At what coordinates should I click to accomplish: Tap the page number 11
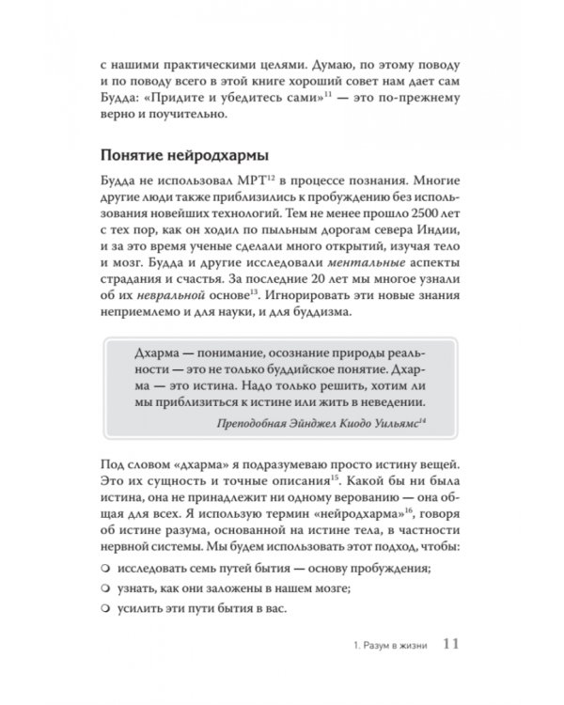click(x=449, y=644)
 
